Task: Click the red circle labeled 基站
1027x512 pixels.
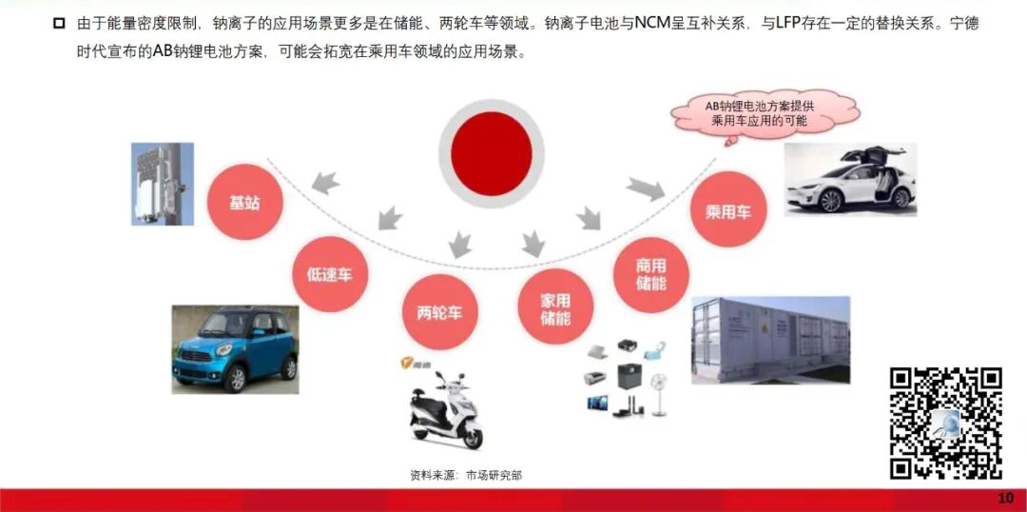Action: click(243, 203)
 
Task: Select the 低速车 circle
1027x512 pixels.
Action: click(329, 274)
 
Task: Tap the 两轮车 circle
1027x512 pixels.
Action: click(439, 311)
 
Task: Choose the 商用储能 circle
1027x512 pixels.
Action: click(650, 274)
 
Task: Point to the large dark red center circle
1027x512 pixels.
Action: click(491, 153)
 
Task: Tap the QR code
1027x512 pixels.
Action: click(945, 423)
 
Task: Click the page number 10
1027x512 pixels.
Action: click(1005, 499)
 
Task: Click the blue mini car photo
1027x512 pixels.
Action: click(235, 348)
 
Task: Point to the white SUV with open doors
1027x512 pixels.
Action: click(849, 179)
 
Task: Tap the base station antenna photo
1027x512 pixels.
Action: click(162, 184)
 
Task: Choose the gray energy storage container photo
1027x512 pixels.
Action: click(769, 339)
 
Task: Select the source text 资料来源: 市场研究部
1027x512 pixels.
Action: click(466, 474)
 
